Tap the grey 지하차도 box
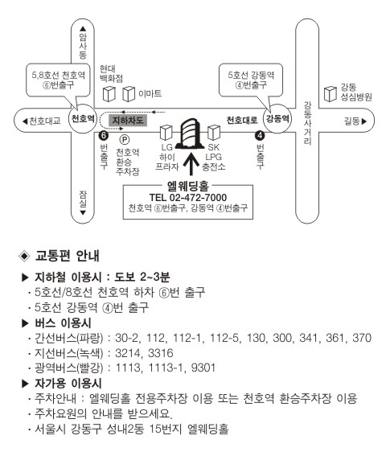tap(128, 120)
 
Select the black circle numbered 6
tap(103, 135)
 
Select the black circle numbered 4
tap(260, 135)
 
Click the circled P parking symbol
tap(125, 140)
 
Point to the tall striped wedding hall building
tap(190, 134)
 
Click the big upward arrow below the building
tap(191, 164)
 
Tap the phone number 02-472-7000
tap(198, 198)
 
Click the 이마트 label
tap(150, 93)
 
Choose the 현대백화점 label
tap(111, 73)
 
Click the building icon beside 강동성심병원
tap(331, 94)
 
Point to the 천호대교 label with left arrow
tap(42, 121)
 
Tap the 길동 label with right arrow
tap(355, 121)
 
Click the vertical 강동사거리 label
tap(307, 123)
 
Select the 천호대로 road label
tap(241, 120)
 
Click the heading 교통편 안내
tap(68, 256)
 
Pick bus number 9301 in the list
tap(203, 368)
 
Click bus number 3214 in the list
tap(128, 353)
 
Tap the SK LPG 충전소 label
tap(214, 157)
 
